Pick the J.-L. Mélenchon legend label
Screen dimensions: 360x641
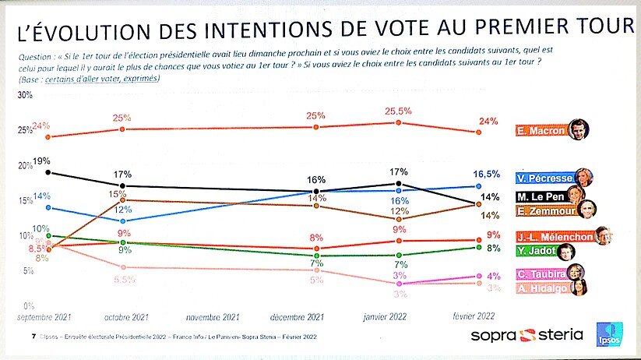pyautogui.click(x=550, y=235)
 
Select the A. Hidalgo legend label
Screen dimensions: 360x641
pyautogui.click(x=541, y=288)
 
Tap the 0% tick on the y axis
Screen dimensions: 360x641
pyautogui.click(x=26, y=305)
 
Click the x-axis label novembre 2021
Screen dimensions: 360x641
pyautogui.click(x=213, y=318)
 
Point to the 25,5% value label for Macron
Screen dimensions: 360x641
pyautogui.click(x=398, y=112)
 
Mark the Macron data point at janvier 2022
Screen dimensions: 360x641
pyautogui.click(x=398, y=123)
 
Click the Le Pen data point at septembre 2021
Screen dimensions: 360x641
pyautogui.click(x=48, y=172)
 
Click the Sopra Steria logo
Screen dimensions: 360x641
pyautogui.click(x=526, y=335)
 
